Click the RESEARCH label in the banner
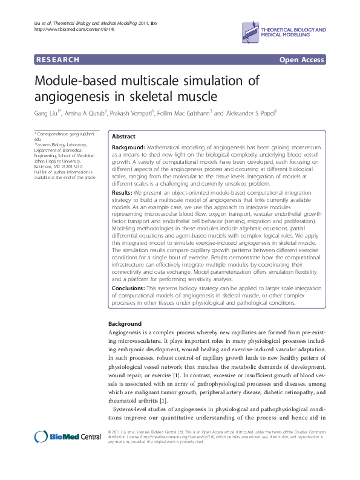point(58,59)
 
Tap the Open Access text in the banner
point(301,59)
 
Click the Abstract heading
point(124,137)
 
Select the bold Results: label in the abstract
point(123,192)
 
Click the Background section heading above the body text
point(124,324)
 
